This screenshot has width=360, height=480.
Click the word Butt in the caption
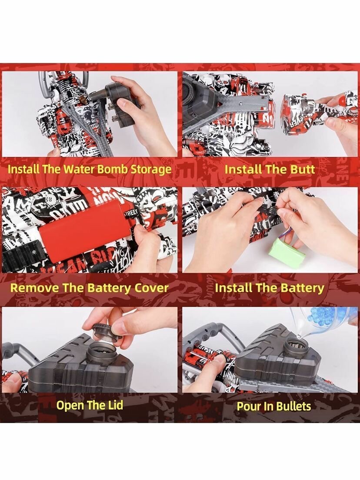302,169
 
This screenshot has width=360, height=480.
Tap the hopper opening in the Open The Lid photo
101,352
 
